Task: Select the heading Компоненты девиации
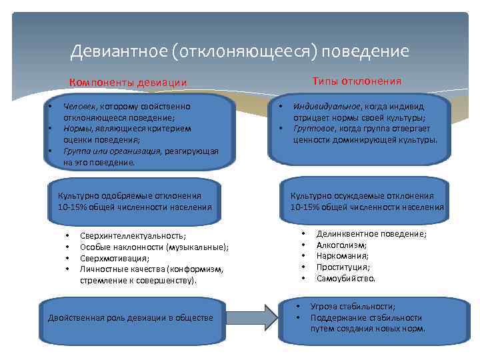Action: pos(128,83)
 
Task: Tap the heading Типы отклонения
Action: pos(357,81)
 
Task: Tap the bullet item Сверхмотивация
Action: pos(114,258)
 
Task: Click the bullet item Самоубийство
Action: pos(345,278)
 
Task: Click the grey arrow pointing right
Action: pos(256,317)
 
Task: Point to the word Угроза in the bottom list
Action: pos(325,307)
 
